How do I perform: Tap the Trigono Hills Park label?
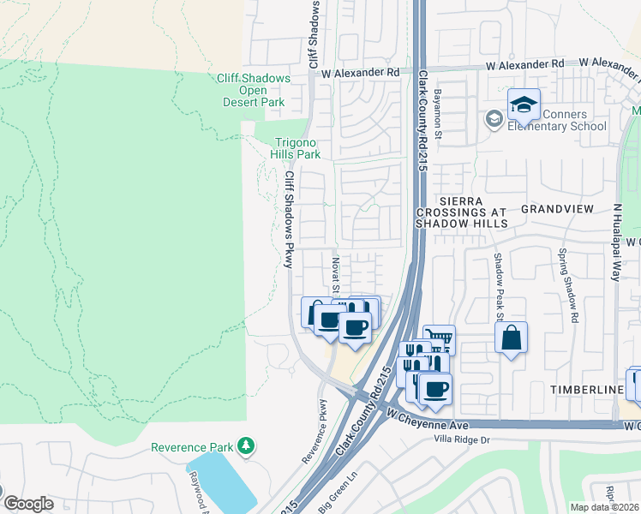pos(297,148)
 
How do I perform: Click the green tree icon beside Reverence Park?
pos(246,446)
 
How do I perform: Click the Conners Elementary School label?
pos(557,121)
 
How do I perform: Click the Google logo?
pos(28,504)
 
